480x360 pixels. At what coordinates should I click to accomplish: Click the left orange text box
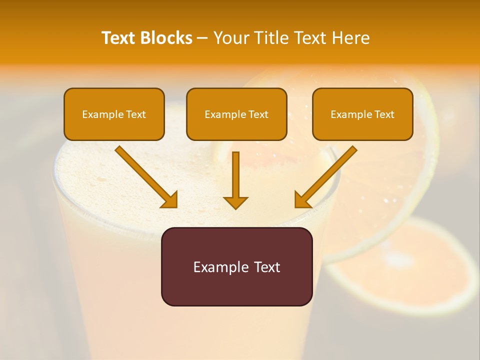[114, 114]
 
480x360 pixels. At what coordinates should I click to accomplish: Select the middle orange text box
[236, 114]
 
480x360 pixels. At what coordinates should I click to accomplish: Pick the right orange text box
[362, 114]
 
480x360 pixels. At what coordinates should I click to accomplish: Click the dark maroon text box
[236, 266]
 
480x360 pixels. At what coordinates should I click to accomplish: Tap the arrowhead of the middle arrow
[235, 202]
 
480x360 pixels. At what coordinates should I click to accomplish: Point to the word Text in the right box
[384, 114]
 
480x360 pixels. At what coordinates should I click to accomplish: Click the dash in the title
[202, 38]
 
